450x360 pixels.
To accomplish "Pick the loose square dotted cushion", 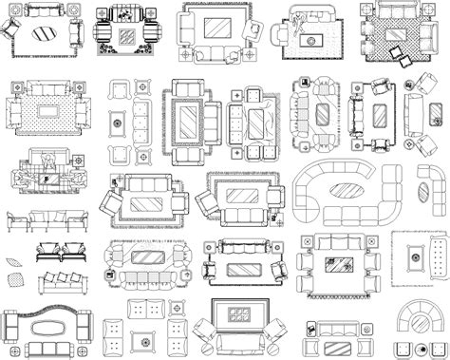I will (x=15, y=279).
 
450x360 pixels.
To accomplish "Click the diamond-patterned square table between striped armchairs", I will (x=125, y=38).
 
